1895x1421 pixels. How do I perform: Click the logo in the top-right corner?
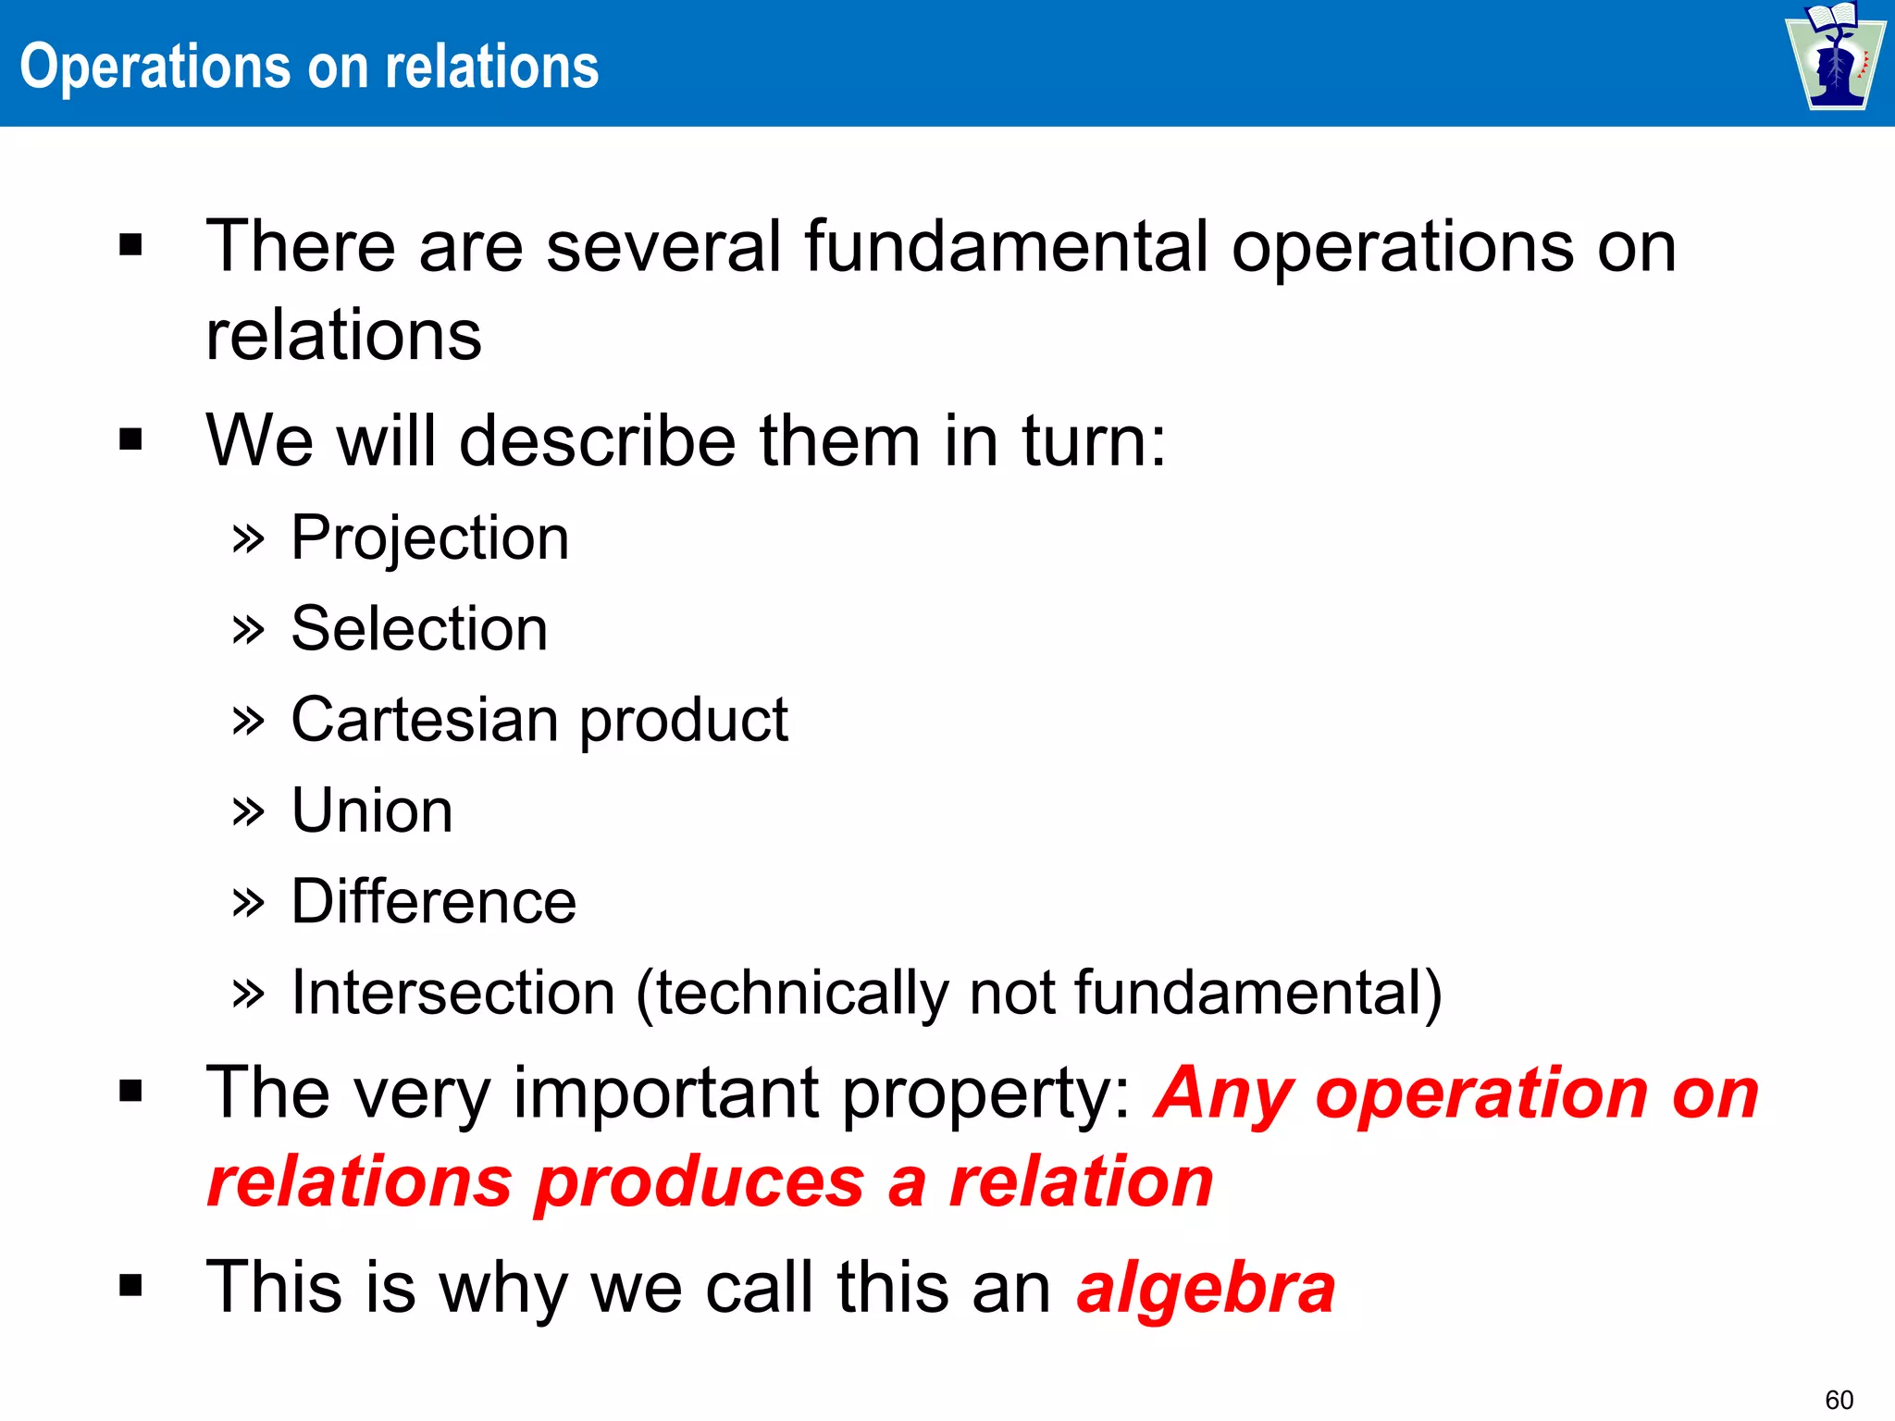1835,57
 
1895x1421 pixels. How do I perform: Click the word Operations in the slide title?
155,68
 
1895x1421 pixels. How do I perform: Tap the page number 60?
1839,1399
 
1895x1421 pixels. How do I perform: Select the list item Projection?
429,538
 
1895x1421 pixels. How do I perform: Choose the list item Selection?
419,629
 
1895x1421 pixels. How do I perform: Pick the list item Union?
371,810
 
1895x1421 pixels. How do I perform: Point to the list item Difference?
433,901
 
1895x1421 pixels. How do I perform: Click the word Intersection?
452,993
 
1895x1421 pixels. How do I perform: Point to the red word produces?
700,1182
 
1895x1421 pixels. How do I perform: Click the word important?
665,1094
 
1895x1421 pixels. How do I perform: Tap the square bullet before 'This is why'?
130,1285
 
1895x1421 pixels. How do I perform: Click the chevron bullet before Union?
248,811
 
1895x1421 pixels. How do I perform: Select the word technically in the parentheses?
801,993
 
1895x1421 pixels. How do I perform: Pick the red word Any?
1224,1094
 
